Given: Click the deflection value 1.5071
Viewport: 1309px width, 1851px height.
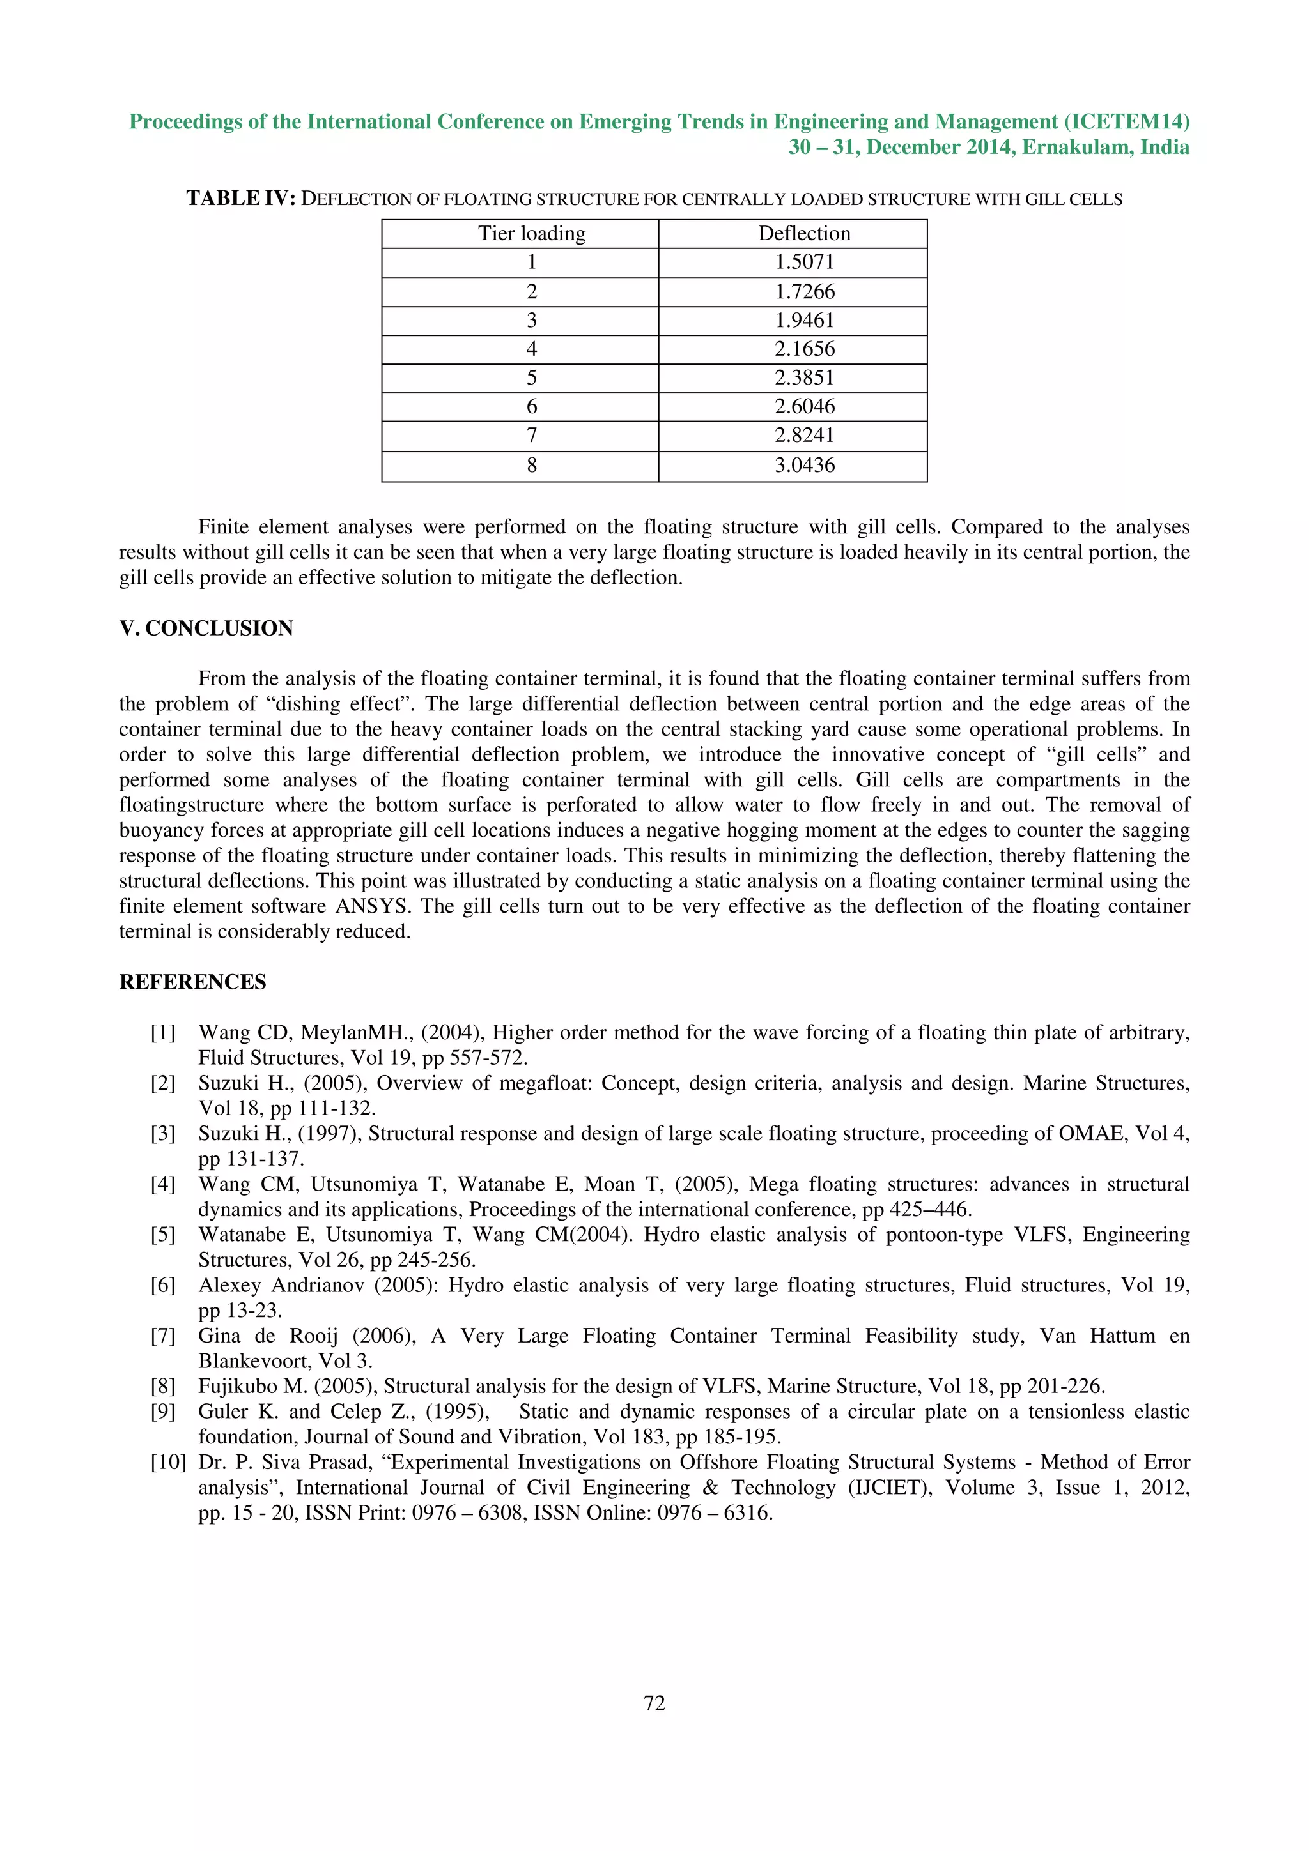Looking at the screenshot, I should coord(804,262).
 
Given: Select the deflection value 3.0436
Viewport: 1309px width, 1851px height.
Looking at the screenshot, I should coord(804,465).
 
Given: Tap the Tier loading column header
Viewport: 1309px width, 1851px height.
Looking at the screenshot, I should coord(532,234).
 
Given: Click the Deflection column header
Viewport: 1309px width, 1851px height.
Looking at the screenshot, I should coord(804,234).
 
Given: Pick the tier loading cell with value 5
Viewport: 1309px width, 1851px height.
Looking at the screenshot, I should coord(532,378).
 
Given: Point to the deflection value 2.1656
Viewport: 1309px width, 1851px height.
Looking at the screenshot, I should coord(804,349).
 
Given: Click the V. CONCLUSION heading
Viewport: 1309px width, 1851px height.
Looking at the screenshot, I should coord(206,628).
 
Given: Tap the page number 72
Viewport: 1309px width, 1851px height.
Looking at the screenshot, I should coord(654,1703).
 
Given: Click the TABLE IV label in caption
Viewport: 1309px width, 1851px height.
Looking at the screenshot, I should coord(241,198).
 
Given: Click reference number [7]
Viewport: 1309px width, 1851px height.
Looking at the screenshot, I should coord(162,1336).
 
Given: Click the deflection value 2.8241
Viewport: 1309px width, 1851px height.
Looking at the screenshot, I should coord(804,436).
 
